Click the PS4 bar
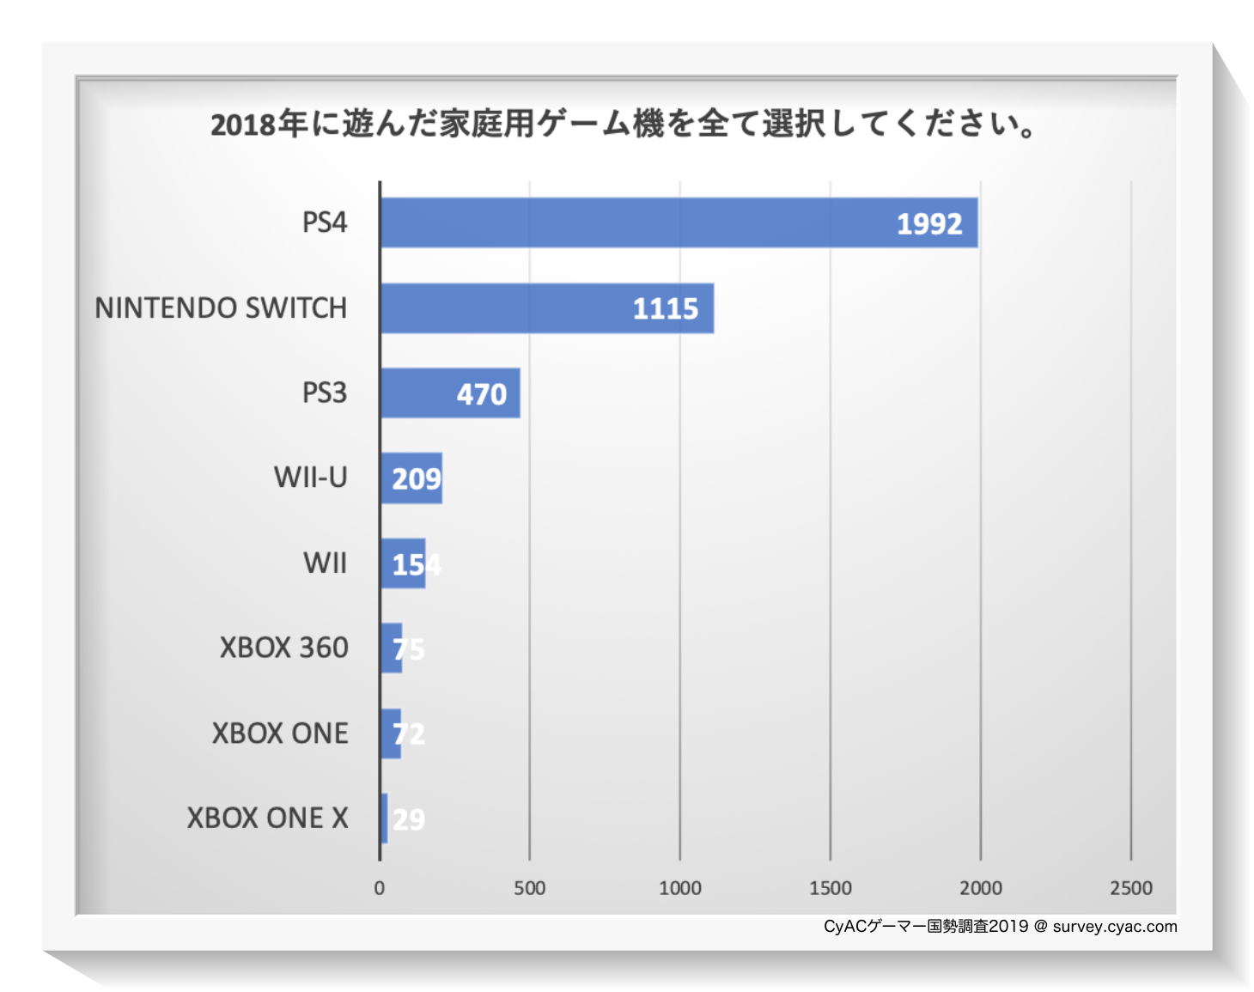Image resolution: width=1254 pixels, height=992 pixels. pyautogui.click(x=679, y=223)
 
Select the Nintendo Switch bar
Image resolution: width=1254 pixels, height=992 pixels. pyautogui.click(x=546, y=308)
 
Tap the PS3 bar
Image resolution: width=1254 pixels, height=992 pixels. pyautogui.click(x=449, y=393)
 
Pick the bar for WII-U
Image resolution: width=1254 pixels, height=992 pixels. pyautogui.click(x=411, y=478)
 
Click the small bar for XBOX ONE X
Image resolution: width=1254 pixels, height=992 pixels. pyautogui.click(x=384, y=819)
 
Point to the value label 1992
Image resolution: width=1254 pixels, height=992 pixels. pyautogui.click(x=929, y=224)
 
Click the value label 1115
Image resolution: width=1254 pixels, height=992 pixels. pyautogui.click(x=666, y=309)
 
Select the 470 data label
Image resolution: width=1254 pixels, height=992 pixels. pyautogui.click(x=482, y=394)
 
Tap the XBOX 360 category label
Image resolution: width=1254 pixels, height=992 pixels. pyautogui.click(x=284, y=648)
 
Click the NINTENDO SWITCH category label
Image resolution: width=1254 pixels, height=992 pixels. pyautogui.click(x=221, y=308)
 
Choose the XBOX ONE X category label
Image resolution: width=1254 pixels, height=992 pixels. pyautogui.click(x=268, y=819)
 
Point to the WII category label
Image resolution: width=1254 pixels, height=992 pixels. pyautogui.click(x=326, y=563)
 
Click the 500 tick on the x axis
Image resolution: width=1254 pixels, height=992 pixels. pyautogui.click(x=530, y=888)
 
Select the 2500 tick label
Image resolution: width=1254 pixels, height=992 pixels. pyautogui.click(x=1131, y=888)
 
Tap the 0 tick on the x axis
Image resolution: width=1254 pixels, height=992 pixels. pyautogui.click(x=380, y=888)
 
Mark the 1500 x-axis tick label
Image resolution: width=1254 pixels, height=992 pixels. pyautogui.click(x=831, y=888)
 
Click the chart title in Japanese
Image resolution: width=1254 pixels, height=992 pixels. pyautogui.click(x=624, y=125)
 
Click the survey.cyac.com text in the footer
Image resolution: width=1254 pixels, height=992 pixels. pyautogui.click(x=1115, y=927)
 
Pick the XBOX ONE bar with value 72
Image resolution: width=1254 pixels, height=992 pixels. pyautogui.click(x=391, y=733)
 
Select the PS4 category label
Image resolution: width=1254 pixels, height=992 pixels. pyautogui.click(x=325, y=223)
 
